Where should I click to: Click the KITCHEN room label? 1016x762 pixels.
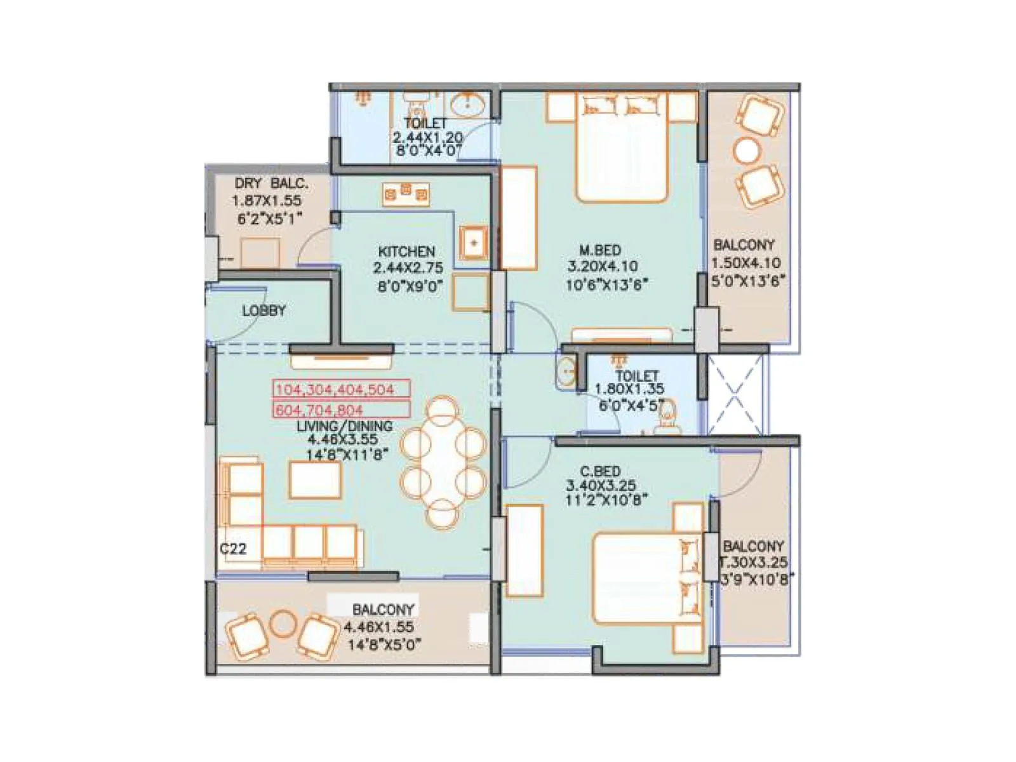(406, 251)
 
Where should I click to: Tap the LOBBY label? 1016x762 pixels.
(264, 311)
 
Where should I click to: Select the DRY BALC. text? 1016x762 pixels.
(271, 184)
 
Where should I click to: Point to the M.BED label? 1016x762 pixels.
(599, 250)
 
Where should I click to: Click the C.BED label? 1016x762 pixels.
(600, 472)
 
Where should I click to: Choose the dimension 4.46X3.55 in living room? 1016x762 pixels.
(342, 439)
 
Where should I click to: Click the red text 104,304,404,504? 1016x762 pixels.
(335, 389)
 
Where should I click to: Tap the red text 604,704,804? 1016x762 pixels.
(319, 410)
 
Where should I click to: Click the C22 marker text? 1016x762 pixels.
(233, 549)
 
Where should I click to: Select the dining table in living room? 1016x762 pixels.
(443, 462)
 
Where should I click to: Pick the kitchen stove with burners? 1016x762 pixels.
(406, 194)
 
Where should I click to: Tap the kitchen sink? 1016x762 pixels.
(474, 243)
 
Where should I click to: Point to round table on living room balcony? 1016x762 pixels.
(283, 624)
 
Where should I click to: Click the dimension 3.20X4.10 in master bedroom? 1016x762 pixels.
(603, 267)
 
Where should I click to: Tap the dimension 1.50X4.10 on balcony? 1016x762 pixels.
(746, 264)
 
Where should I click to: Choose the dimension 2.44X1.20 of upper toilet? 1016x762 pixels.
(427, 137)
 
